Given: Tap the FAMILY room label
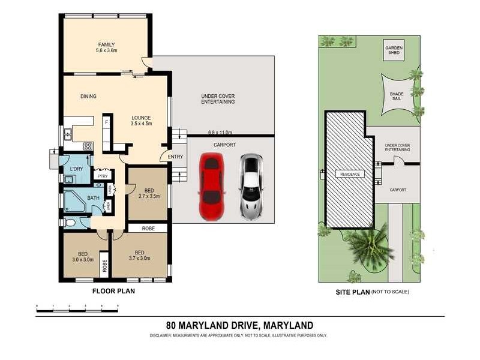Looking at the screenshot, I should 107,47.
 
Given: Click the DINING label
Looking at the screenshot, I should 88,96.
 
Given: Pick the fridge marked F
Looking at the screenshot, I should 107,122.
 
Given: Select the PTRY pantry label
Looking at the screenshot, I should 103,176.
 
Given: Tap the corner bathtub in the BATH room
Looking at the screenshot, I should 74,202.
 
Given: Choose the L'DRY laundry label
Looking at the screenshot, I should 76,169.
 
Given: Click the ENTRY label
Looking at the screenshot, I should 176,157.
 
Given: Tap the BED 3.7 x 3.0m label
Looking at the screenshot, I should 139,256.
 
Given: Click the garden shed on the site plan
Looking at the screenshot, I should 394,50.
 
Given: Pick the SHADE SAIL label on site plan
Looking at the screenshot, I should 397,97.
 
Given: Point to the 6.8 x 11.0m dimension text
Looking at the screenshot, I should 220,132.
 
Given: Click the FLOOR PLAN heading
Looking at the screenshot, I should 113,292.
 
